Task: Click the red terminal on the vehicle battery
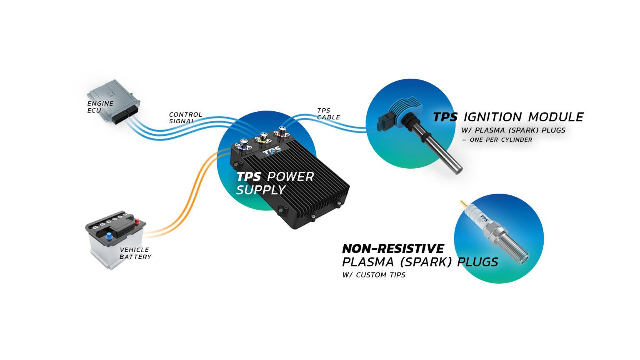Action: pos(136,221)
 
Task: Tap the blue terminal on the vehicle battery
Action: pos(109,237)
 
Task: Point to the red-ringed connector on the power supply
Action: pos(281,133)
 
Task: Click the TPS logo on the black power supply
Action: pos(272,150)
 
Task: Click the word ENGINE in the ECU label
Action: pos(100,104)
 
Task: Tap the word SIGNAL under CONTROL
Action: pos(182,121)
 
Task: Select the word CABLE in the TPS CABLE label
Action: pos(328,117)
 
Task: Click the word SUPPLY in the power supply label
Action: pos(260,190)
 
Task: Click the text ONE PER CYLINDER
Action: pos(501,140)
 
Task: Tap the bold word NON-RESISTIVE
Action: pos(393,249)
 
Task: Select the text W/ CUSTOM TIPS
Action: pos(374,275)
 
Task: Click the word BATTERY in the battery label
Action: pos(135,257)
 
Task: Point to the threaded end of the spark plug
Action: pos(517,250)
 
